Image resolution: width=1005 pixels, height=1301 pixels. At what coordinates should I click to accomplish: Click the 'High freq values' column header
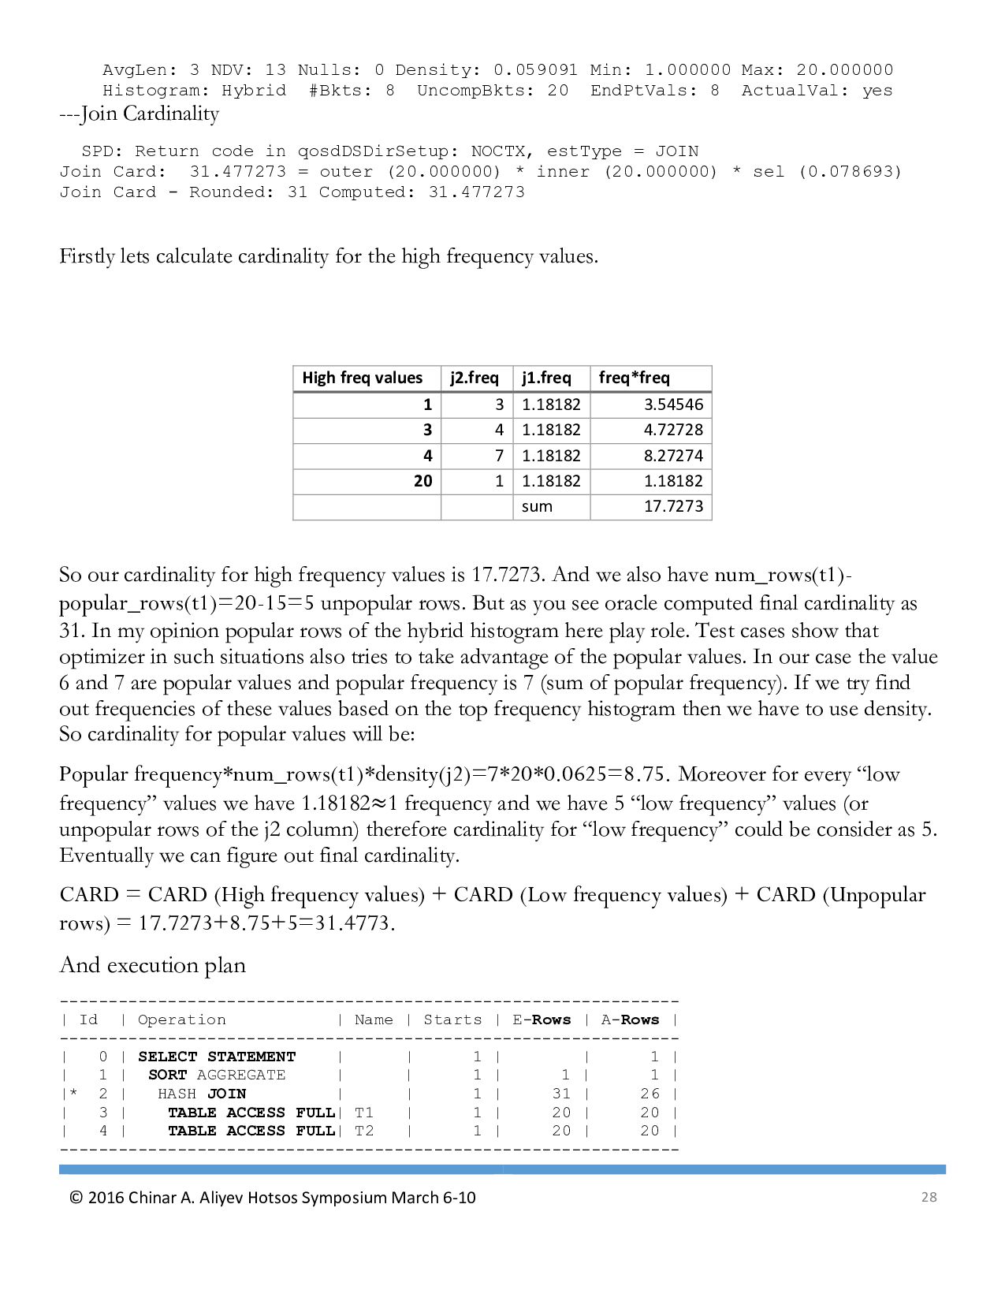[363, 378]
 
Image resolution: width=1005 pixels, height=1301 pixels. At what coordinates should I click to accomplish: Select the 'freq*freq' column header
[635, 378]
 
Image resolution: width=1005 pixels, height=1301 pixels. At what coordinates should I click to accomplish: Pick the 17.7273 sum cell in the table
[673, 506]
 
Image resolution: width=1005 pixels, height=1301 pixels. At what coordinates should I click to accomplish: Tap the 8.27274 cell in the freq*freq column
[673, 456]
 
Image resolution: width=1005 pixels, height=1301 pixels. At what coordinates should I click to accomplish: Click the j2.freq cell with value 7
[499, 456]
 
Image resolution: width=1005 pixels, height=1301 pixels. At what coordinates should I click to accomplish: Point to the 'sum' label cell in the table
[537, 506]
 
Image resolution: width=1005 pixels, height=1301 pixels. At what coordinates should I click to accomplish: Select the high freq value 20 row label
[423, 481]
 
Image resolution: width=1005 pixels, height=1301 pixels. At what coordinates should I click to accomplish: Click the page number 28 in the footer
[929, 1197]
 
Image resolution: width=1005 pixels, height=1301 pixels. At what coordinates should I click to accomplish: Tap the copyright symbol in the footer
[76, 1198]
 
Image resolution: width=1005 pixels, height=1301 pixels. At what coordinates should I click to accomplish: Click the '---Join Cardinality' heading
[140, 114]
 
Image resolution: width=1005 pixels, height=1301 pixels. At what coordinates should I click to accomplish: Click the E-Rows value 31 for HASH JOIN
[561, 1094]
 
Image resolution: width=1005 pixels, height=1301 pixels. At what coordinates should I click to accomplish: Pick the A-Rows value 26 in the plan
[650, 1094]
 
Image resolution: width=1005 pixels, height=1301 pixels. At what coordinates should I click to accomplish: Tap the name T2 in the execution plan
[364, 1131]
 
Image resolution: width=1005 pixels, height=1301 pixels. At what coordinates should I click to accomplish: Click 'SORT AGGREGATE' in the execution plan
[217, 1075]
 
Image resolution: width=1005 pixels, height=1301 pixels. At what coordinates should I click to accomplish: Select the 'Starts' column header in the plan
[452, 1020]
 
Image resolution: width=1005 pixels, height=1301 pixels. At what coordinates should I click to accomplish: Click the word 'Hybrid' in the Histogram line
[254, 91]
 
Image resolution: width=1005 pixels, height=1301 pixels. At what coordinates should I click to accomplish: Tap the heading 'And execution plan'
[153, 965]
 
